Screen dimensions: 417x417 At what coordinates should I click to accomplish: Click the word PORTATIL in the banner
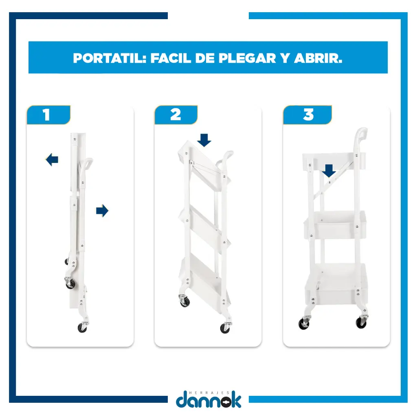coord(110,58)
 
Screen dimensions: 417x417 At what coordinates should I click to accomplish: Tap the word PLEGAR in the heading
coord(247,58)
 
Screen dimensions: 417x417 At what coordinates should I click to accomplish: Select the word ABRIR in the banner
coord(318,58)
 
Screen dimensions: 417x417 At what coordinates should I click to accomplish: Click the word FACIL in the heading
coord(171,58)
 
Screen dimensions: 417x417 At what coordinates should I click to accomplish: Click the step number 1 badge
coord(49,115)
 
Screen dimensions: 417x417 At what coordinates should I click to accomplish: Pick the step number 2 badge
coord(176,115)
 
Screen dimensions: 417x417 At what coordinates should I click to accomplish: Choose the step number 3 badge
coord(307,115)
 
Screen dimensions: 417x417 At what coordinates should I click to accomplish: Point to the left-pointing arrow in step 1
coord(52,160)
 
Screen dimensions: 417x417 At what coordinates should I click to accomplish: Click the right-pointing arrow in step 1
coord(102,211)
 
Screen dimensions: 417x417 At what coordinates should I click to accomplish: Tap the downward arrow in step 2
coord(204,140)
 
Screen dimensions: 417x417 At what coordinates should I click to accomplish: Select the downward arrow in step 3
coord(329,171)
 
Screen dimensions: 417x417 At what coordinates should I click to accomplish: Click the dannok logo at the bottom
coord(208,400)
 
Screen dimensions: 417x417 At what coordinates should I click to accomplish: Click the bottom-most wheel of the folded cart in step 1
coord(82,328)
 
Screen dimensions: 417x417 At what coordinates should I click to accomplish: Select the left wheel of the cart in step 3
coord(304,324)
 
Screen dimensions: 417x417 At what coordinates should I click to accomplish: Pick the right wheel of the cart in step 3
coord(361,323)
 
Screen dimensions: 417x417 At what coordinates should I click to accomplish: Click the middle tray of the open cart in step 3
coord(335,225)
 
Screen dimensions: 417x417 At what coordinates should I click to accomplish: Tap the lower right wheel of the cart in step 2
coord(225,328)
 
